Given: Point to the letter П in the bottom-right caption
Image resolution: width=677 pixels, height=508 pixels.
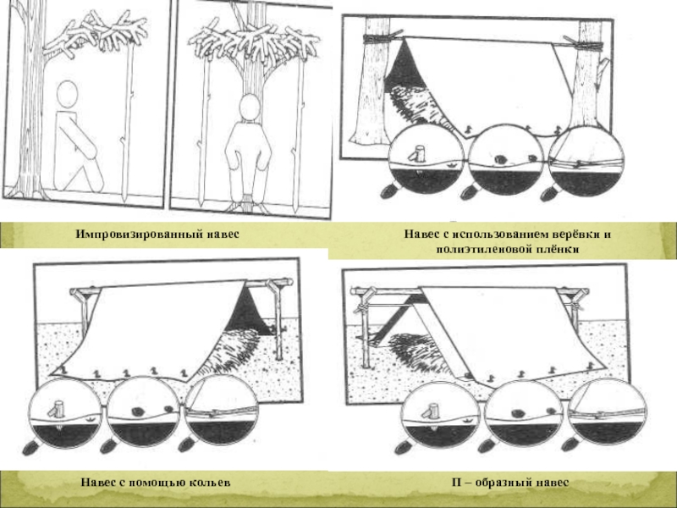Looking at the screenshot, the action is pos(457,482).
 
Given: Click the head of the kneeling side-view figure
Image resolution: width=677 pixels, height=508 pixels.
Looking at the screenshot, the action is pos(68,94).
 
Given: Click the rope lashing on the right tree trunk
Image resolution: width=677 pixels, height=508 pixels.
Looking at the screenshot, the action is pos(589,46).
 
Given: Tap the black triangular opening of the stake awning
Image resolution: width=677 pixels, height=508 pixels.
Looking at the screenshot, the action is pos(248,311).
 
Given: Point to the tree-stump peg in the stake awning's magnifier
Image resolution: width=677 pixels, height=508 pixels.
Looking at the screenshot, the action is pos(57,410).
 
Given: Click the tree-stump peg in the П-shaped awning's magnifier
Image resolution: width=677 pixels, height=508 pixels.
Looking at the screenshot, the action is pos(432,411).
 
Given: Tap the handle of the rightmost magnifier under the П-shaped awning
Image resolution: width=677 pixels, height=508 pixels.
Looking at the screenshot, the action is pos(572,444).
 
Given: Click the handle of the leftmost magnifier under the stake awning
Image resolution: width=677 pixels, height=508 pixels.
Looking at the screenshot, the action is pos(31,447).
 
